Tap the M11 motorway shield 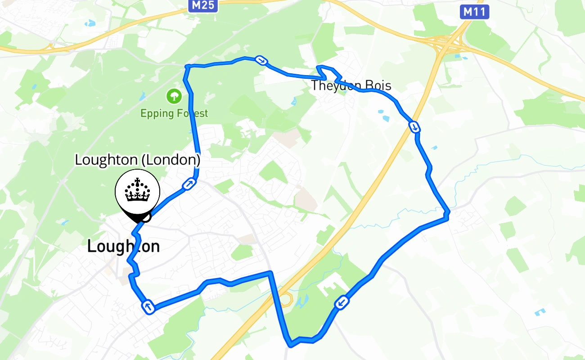[x=475, y=12]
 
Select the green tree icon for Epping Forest [x=173, y=96]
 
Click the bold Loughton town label [x=123, y=246]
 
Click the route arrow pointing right [x=261, y=60]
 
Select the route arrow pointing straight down [x=414, y=127]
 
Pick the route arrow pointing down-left [x=342, y=302]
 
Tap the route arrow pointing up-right [x=189, y=184]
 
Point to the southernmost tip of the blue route [x=291, y=346]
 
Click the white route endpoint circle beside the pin [x=145, y=217]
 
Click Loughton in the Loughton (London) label [x=106, y=160]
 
